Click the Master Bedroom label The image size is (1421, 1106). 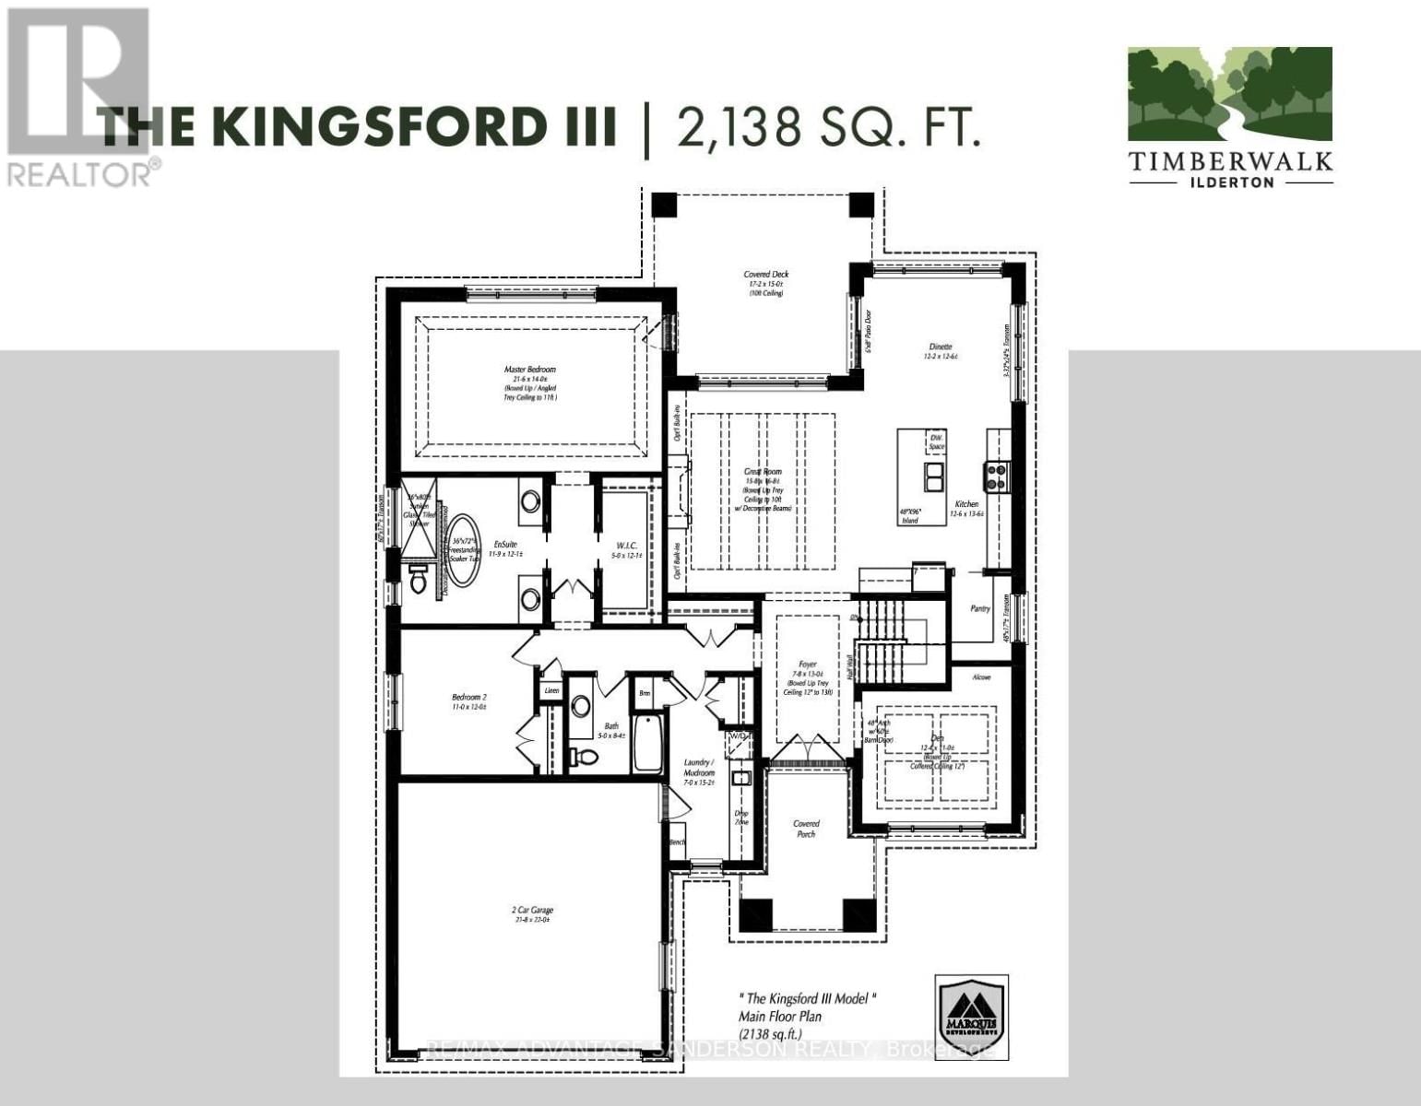click(529, 370)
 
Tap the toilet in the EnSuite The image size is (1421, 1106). click(418, 580)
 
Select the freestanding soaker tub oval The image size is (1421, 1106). click(463, 547)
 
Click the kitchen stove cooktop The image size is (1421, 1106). click(998, 476)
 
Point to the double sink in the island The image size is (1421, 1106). click(933, 477)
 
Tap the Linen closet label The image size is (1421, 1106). click(551, 690)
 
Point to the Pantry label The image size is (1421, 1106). click(979, 608)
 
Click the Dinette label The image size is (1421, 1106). click(940, 347)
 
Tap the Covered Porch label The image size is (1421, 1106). click(806, 829)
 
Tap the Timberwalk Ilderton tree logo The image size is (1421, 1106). click(1230, 97)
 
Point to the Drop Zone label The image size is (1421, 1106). click(741, 818)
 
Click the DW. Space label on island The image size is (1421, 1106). click(936, 441)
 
